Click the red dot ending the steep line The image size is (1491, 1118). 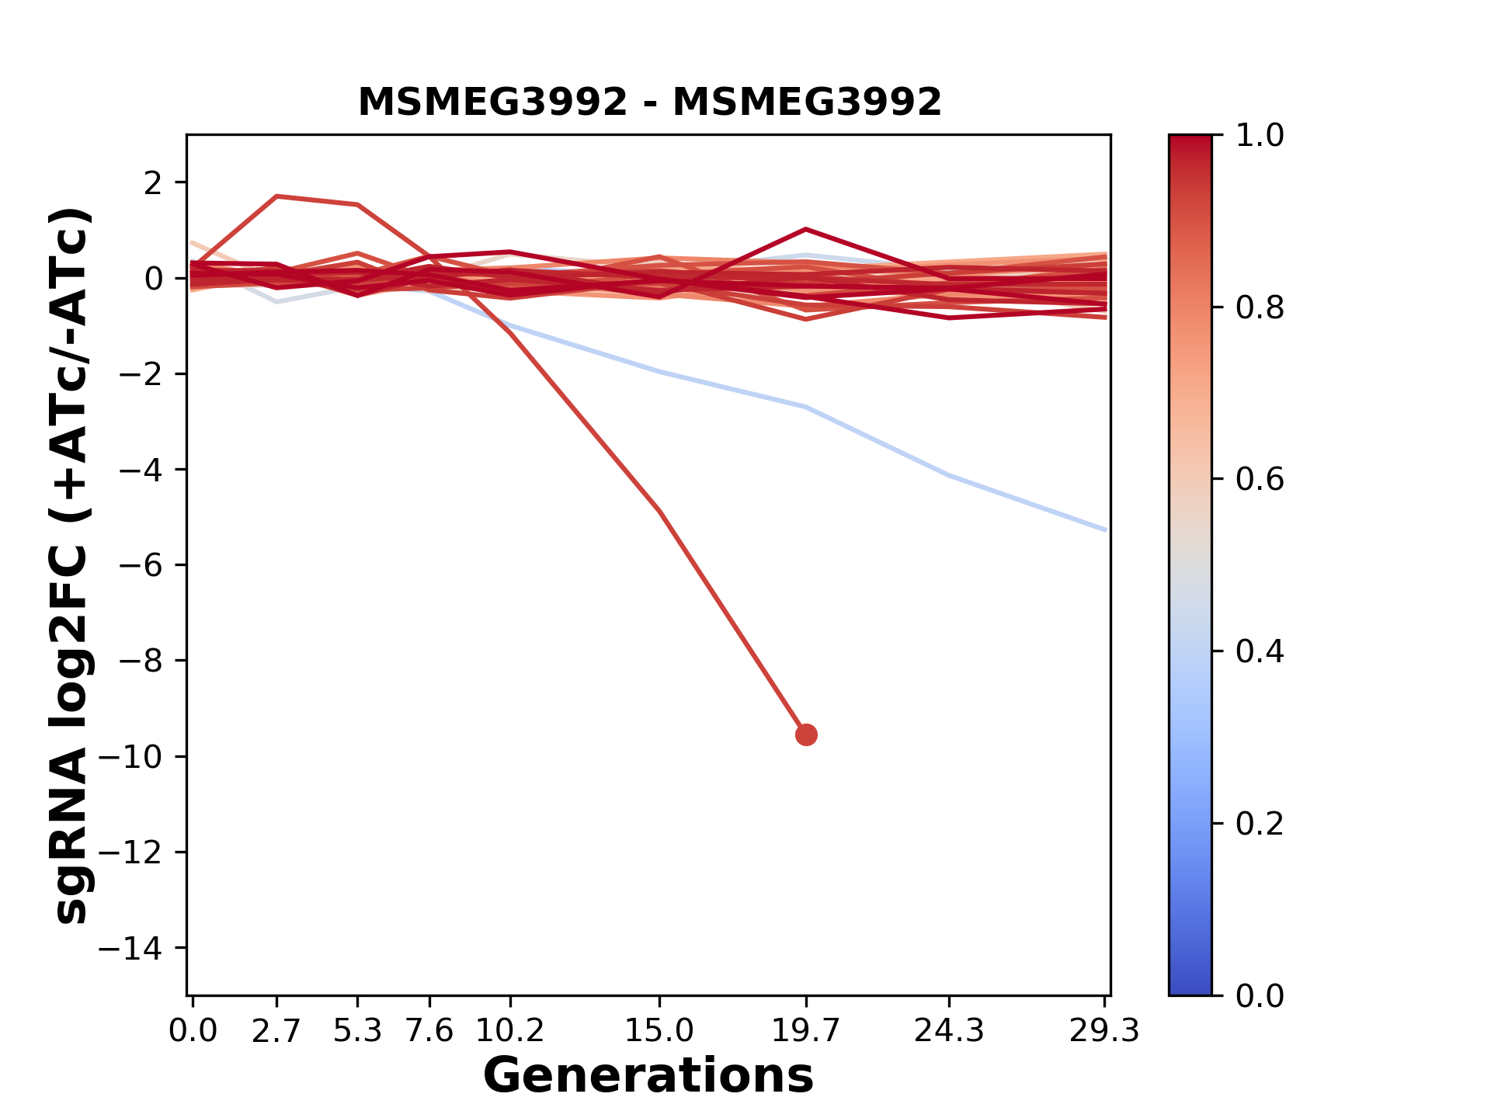806,734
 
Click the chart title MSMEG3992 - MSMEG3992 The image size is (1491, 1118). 649,102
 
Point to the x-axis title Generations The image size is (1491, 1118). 648,1076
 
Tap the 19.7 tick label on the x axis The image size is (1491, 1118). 805,1031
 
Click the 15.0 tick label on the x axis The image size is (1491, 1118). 659,1031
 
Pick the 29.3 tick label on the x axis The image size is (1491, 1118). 1103,1031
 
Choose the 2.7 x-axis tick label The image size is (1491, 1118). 276,1031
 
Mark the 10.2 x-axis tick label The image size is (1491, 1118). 509,1031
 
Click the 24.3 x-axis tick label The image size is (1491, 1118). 948,1031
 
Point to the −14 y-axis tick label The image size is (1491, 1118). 141,948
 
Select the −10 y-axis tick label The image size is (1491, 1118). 141,757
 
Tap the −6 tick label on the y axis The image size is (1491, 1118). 141,565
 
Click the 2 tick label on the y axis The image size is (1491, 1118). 153,183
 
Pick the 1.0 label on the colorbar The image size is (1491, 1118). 1260,136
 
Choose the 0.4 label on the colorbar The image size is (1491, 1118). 1260,651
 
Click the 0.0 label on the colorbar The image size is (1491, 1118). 1260,995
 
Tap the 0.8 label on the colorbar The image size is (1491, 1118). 1260,308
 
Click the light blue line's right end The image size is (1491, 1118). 1105,529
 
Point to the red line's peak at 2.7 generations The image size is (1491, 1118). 276,196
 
